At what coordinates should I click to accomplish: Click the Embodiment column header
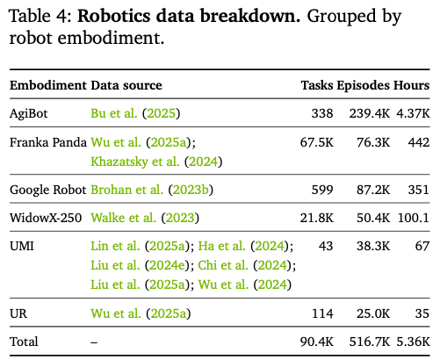[48, 85]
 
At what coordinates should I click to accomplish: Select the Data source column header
[126, 85]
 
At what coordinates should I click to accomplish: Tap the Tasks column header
[317, 85]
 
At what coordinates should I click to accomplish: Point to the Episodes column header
[363, 86]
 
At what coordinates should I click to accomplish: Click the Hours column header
[411, 85]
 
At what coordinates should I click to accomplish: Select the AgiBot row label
[28, 113]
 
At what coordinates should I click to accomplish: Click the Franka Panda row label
[48, 142]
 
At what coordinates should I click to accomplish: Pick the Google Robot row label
[48, 190]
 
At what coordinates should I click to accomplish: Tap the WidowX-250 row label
[46, 218]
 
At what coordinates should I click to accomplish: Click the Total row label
[24, 342]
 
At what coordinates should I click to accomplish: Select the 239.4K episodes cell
[370, 113]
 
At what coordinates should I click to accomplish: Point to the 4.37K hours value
[413, 113]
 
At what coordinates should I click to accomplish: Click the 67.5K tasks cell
[317, 142]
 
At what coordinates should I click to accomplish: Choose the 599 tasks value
[322, 190]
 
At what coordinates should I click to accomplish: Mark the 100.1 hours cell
[414, 218]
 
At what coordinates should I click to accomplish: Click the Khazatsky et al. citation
[156, 162]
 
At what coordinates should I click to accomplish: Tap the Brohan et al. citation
[152, 190]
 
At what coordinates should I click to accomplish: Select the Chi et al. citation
[247, 266]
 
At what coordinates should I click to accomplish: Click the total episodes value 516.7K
[370, 342]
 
